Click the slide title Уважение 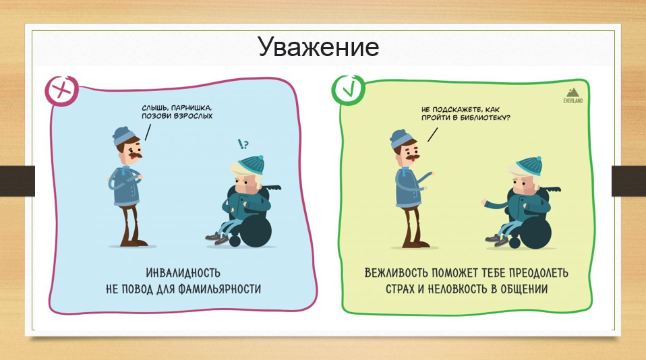319,47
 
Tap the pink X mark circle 62,91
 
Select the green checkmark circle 349,90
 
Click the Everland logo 572,96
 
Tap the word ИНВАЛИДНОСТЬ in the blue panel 183,272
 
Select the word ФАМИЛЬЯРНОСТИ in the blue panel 219,289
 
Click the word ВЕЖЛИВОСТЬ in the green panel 397,272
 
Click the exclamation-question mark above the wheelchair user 243,144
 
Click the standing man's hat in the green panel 401,138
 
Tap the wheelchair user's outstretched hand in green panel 484,203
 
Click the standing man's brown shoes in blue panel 133,243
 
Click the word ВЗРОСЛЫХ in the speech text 194,116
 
